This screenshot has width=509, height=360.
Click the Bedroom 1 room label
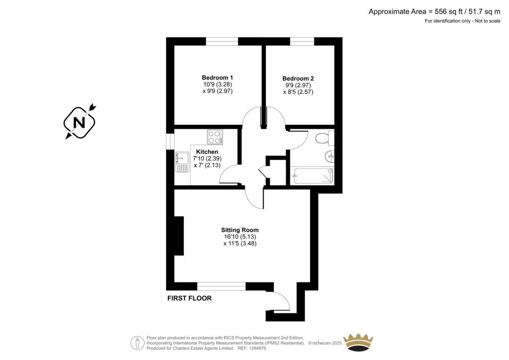[x=217, y=78]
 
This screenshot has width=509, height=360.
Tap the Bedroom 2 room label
[x=298, y=78]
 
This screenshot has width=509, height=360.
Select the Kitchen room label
[x=207, y=152]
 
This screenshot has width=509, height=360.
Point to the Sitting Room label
[x=240, y=230]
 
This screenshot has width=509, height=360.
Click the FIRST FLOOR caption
[x=189, y=298]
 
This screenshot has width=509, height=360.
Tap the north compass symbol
[x=80, y=122]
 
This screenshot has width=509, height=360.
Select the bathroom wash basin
[x=330, y=156]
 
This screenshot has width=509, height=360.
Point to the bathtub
[x=312, y=176]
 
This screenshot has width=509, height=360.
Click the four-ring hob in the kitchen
[x=215, y=137]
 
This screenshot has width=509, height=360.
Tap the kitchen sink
[x=182, y=162]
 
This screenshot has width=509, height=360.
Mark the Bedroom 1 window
[x=222, y=41]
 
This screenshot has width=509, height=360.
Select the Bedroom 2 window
[x=302, y=41]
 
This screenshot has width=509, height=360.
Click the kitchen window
[x=170, y=142]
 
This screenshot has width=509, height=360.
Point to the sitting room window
[x=221, y=286]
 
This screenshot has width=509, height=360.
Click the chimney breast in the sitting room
[x=179, y=236]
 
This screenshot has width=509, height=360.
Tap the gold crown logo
[x=358, y=342]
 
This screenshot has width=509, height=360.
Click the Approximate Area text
[x=434, y=12]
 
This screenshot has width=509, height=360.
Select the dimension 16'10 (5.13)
[x=240, y=237]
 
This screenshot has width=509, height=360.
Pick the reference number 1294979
[x=257, y=348]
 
